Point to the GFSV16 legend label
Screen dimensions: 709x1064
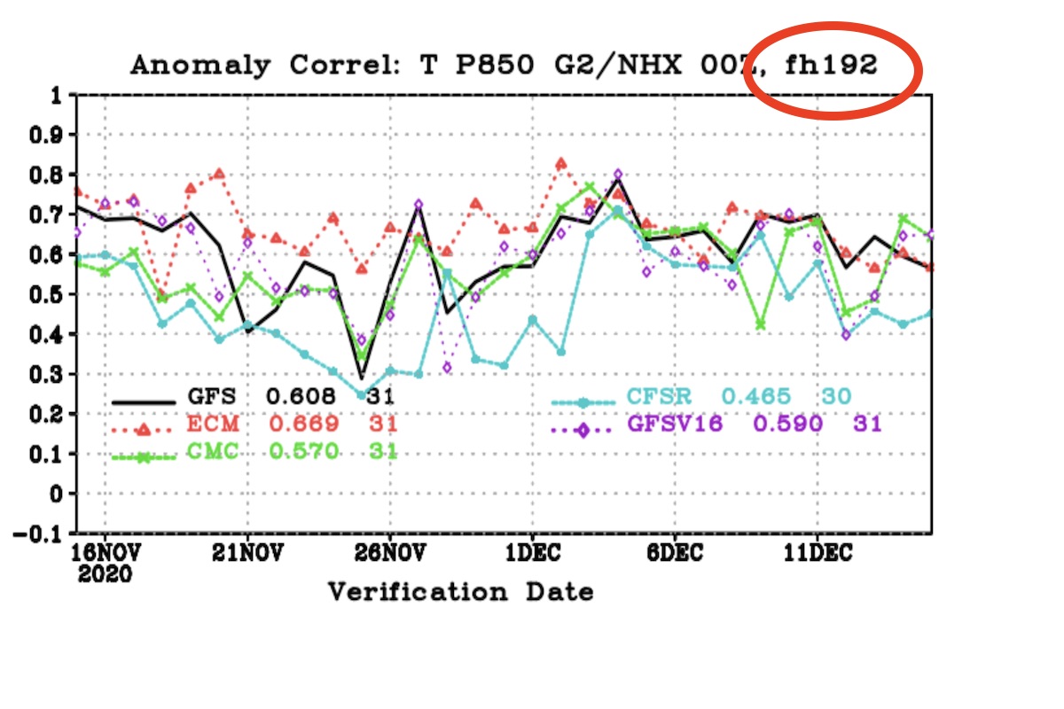pyautogui.click(x=677, y=424)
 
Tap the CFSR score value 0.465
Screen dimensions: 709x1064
pyautogui.click(x=754, y=395)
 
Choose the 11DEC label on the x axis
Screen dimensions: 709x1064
pyautogui.click(x=816, y=554)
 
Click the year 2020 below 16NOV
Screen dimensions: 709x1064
pyautogui.click(x=105, y=574)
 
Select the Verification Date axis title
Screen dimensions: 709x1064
pyautogui.click(x=461, y=591)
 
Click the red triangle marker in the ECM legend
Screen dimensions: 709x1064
pyautogui.click(x=142, y=428)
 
